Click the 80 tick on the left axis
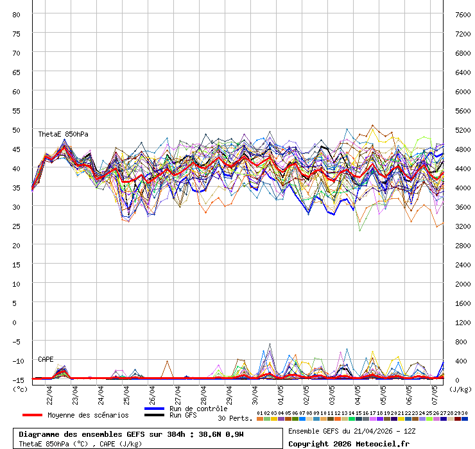[x=17, y=14]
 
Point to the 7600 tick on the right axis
[x=462, y=14]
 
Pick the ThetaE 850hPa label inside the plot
[x=63, y=134]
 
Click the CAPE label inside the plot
[x=46, y=359]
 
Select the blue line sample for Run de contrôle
[x=154, y=409]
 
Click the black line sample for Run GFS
[x=154, y=415]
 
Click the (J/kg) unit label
[x=460, y=388]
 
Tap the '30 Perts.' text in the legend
[x=235, y=418]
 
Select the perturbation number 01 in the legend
[x=260, y=413]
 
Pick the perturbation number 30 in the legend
[x=464, y=413]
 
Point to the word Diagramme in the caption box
[x=40, y=434]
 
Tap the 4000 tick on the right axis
[x=462, y=187]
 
